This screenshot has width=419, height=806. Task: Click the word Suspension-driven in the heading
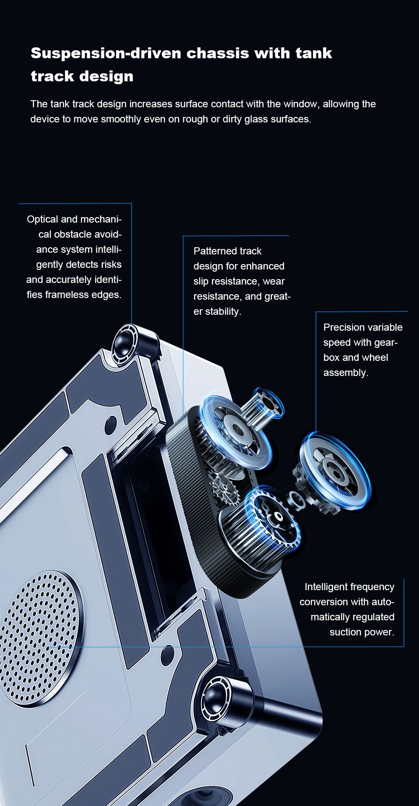tap(106, 53)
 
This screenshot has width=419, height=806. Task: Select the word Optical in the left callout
tap(42, 219)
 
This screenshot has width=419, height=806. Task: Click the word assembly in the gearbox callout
tap(345, 373)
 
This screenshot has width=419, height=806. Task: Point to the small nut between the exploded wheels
tap(295, 499)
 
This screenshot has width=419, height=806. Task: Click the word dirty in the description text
tap(232, 119)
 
